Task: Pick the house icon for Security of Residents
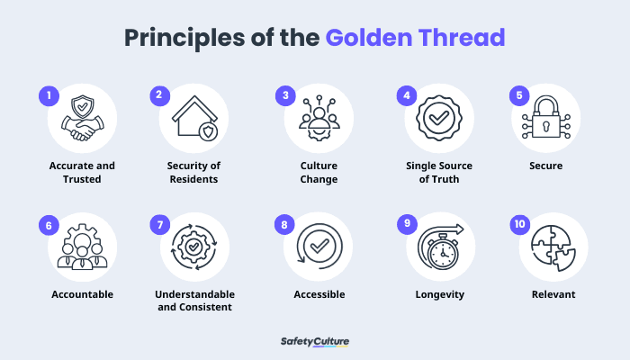click(x=194, y=120)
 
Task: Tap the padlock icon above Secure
click(x=547, y=120)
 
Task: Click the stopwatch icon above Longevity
click(x=439, y=248)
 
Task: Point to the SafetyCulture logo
click(x=315, y=342)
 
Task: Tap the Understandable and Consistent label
click(x=195, y=301)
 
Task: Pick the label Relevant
click(x=553, y=294)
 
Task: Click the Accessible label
click(x=319, y=294)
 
